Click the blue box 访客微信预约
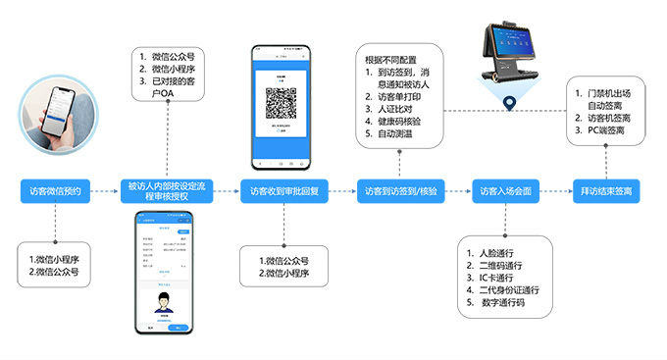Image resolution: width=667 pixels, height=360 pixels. point(54,190)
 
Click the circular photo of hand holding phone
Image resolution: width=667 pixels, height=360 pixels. point(55,114)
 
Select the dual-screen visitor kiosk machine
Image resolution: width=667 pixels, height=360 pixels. point(510,53)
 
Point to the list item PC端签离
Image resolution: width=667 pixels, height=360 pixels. point(614,130)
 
